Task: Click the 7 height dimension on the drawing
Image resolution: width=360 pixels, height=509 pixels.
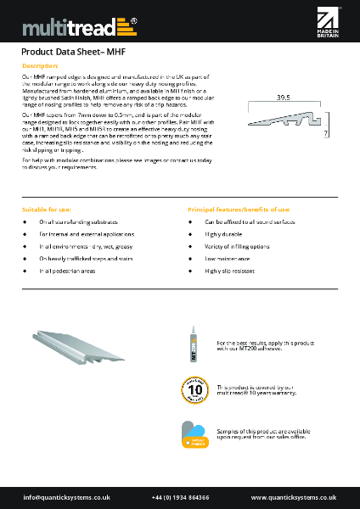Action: coord(326,134)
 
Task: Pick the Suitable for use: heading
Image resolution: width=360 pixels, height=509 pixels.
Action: coord(47,208)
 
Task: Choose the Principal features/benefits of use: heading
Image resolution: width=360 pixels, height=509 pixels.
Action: coord(239,208)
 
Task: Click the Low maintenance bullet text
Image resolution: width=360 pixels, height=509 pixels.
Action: coord(227,257)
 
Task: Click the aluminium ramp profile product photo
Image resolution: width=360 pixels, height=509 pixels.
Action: coord(82,345)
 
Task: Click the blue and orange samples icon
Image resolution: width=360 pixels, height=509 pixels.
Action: coord(194,433)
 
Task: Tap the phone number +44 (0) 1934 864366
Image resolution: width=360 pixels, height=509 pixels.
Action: coord(181,497)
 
